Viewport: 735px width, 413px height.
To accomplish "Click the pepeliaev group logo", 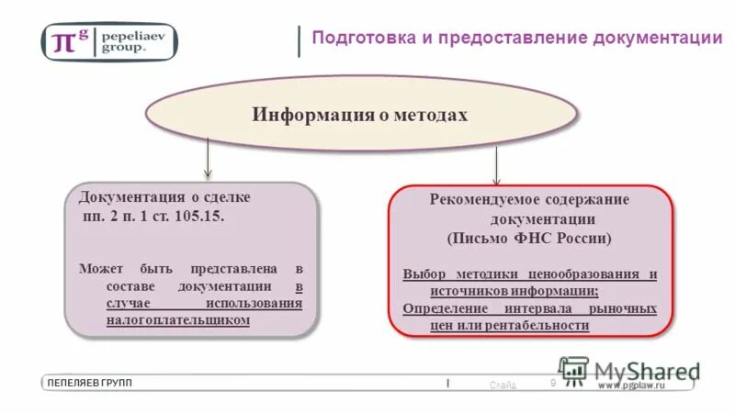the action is tap(109, 41).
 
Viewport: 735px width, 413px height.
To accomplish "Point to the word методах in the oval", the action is tap(432, 116).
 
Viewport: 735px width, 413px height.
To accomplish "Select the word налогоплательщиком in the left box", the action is tap(177, 320).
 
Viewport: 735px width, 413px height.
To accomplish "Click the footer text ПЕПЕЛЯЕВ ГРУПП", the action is tap(90, 383).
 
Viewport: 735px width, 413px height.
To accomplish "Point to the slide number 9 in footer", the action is tap(553, 383).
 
